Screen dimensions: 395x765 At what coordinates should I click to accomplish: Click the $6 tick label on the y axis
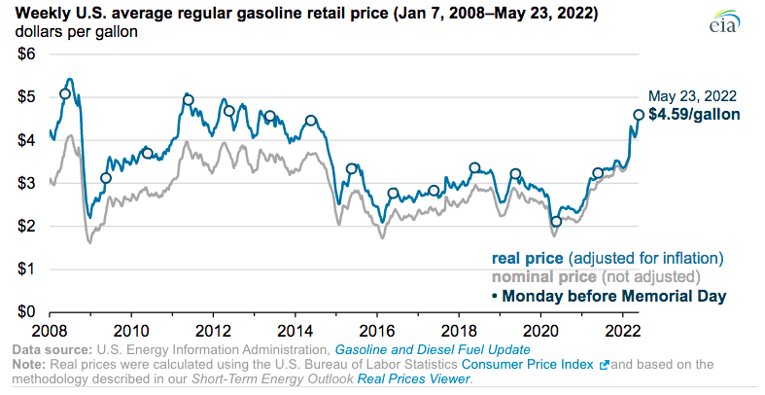tap(27, 54)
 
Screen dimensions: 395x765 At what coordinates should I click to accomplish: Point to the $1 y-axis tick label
tap(27, 269)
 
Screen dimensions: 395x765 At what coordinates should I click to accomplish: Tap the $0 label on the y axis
tap(27, 311)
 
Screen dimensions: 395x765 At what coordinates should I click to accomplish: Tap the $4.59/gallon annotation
tap(694, 114)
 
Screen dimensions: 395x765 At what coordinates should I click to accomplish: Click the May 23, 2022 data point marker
tap(639, 115)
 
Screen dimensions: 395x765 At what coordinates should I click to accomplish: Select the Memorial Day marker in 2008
tap(65, 94)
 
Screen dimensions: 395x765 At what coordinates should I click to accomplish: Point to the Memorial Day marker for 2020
tap(556, 222)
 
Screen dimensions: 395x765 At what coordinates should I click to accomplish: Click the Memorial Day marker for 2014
tap(311, 121)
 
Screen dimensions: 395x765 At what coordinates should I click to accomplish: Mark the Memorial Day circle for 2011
tap(189, 100)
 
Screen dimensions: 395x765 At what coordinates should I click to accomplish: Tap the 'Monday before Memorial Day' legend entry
tap(609, 294)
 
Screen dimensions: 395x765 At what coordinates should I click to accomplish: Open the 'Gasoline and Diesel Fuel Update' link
tap(432, 348)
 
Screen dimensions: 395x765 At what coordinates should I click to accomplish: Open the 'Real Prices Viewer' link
tap(412, 378)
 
